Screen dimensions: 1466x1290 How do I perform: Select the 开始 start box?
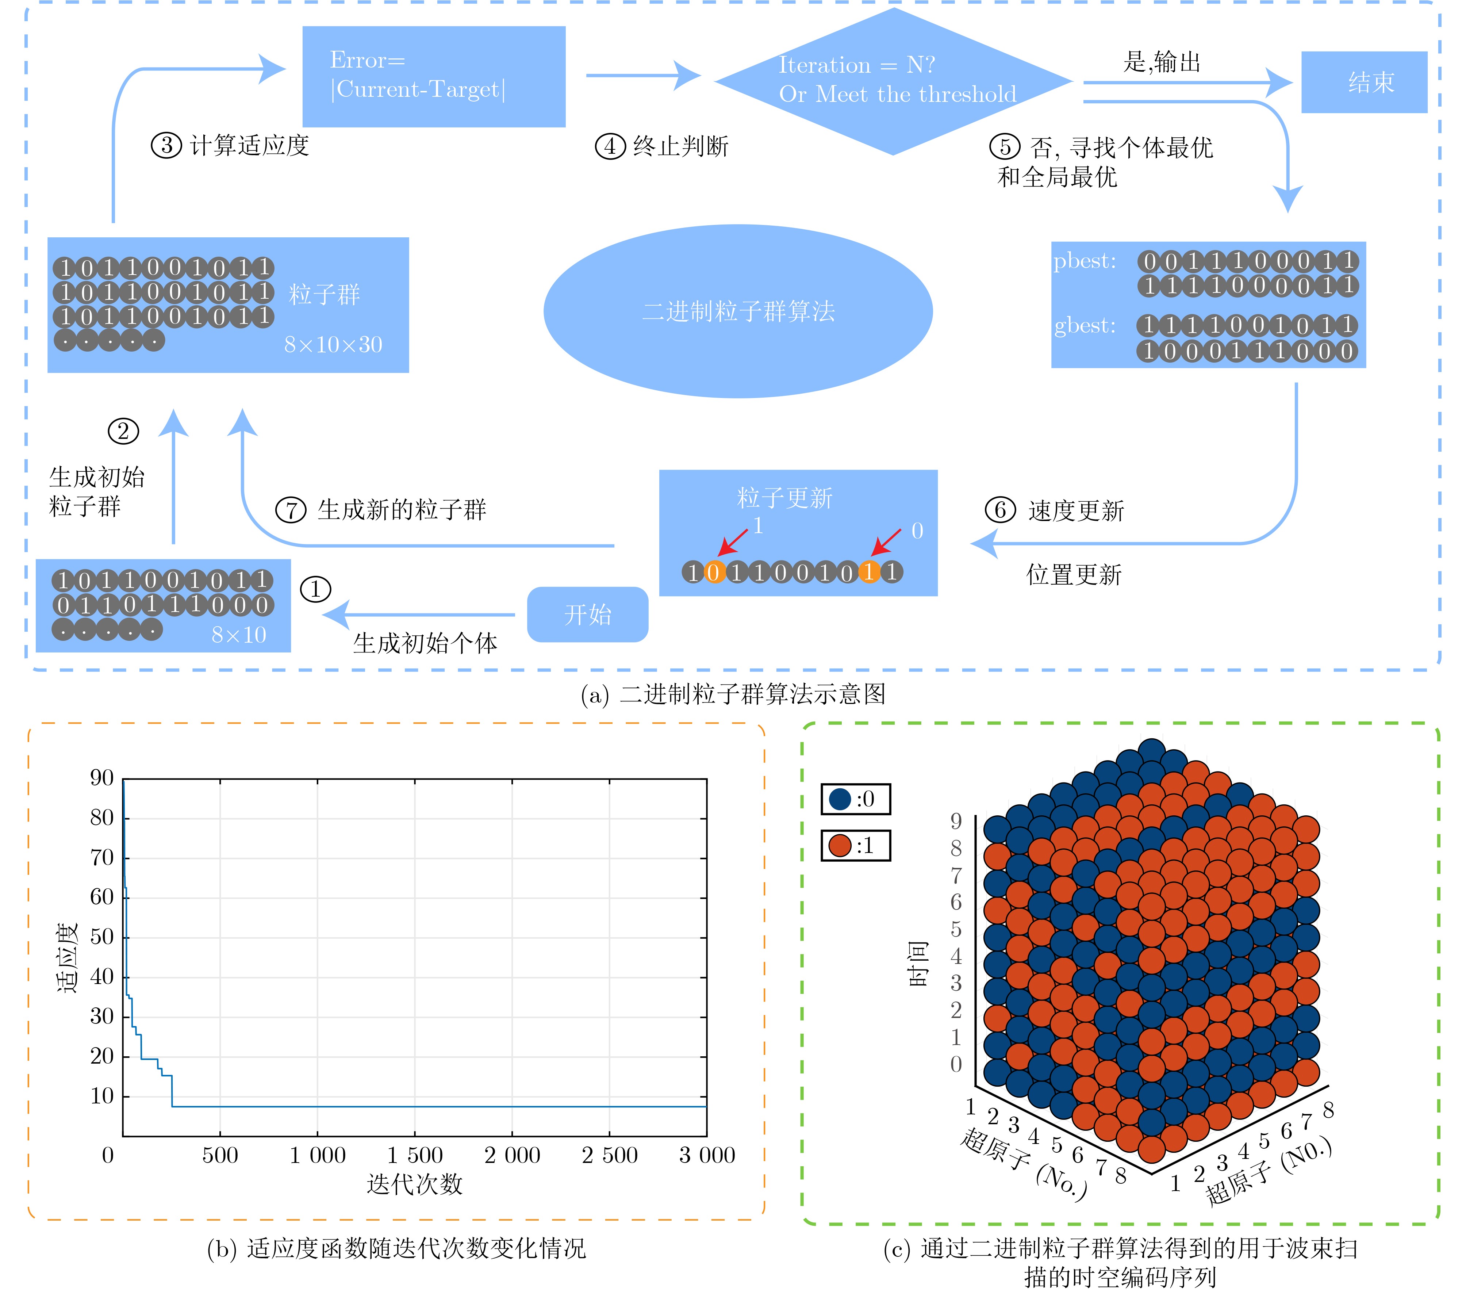[587, 614]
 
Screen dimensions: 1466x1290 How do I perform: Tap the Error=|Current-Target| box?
[434, 77]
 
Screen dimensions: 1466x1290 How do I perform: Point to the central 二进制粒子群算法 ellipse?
[738, 311]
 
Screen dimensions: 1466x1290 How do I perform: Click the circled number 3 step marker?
[166, 146]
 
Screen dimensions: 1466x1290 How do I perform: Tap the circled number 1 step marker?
[316, 589]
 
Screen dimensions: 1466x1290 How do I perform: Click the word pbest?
[1085, 261]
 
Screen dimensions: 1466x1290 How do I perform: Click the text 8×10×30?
[333, 345]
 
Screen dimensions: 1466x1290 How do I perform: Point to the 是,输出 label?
[1162, 62]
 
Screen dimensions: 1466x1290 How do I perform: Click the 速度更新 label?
[1076, 511]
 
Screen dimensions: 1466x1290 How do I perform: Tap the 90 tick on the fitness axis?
[102, 778]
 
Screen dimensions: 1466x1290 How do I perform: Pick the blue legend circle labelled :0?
[840, 799]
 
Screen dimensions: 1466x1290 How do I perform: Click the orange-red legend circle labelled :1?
[840, 845]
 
